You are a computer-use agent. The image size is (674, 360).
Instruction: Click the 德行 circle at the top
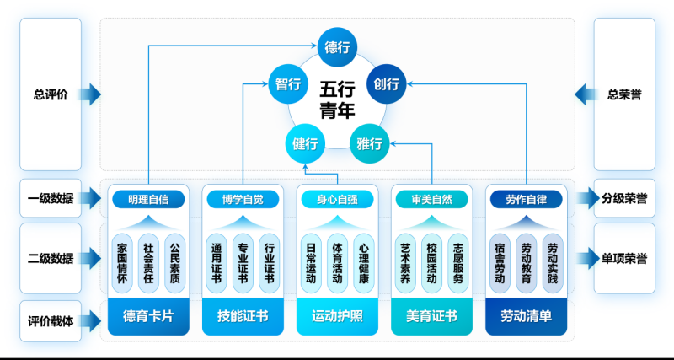337,47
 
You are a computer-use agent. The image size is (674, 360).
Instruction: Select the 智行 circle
288,84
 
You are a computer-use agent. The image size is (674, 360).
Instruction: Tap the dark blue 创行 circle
387,84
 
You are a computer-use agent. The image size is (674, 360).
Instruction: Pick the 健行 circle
304,142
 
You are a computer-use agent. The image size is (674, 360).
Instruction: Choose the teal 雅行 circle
370,142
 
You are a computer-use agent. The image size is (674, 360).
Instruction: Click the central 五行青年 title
337,99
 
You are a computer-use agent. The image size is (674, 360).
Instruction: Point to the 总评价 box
51,94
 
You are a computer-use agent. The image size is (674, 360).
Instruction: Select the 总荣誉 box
624,94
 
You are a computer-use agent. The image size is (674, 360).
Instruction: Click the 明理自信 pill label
148,200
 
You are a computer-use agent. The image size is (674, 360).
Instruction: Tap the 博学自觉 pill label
243,200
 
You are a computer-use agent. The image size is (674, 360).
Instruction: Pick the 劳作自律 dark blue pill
527,200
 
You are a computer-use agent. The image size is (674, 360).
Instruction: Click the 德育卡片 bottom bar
148,316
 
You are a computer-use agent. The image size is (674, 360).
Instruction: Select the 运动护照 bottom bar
337,316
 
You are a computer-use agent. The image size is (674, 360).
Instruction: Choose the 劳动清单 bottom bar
527,316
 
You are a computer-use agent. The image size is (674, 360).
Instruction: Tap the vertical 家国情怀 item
122,262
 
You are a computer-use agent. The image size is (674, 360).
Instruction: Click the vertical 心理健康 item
363,262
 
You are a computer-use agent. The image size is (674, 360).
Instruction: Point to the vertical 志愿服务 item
457,262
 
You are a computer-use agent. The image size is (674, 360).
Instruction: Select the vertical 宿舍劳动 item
500,262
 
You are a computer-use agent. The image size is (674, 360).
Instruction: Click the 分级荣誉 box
624,200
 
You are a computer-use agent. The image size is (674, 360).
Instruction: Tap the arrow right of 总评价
92,94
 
